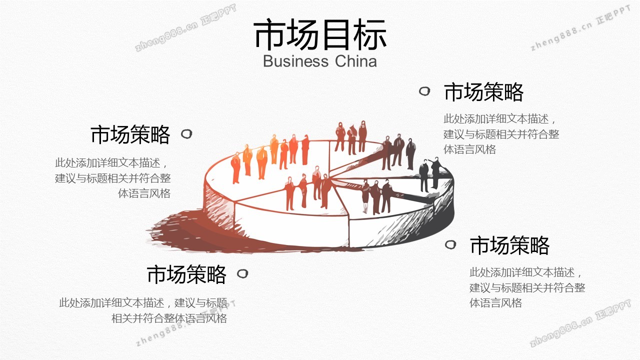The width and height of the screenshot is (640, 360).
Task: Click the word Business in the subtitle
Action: [x=295, y=61]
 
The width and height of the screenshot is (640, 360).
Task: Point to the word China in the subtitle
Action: [x=355, y=61]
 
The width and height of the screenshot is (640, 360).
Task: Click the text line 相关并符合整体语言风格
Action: [x=169, y=318]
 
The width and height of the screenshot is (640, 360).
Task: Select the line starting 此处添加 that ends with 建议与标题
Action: [x=143, y=302]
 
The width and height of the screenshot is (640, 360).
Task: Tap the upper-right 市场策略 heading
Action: [x=483, y=92]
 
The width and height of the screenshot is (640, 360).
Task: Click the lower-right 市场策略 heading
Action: [x=509, y=245]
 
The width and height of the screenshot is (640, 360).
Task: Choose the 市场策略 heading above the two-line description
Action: [x=186, y=274]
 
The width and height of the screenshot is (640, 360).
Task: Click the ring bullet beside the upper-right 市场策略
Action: [x=424, y=91]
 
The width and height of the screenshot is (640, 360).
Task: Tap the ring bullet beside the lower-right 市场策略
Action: [x=450, y=244]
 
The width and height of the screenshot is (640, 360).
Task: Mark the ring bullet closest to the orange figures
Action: [x=186, y=134]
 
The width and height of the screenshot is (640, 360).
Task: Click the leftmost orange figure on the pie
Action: [x=235, y=167]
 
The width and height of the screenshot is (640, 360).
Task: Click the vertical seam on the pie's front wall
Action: [x=348, y=228]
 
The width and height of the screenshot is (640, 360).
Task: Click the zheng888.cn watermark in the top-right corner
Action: [x=580, y=28]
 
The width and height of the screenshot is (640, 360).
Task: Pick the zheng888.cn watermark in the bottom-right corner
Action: [x=580, y=323]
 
